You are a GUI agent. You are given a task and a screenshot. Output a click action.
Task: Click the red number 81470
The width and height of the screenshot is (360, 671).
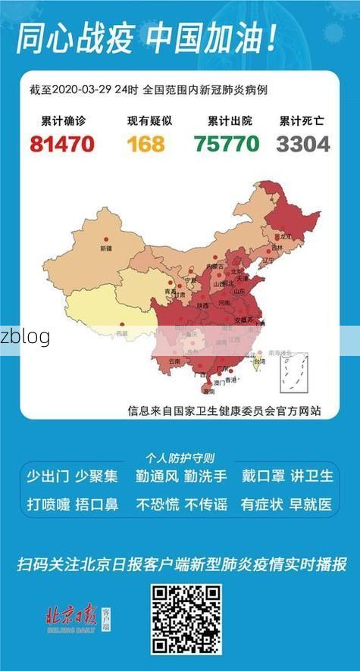(62, 143)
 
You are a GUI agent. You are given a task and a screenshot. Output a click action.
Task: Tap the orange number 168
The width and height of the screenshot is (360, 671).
(146, 143)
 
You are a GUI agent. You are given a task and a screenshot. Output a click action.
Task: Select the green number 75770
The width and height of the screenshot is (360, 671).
(226, 143)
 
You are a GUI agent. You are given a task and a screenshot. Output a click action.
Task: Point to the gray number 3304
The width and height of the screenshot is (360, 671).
(303, 143)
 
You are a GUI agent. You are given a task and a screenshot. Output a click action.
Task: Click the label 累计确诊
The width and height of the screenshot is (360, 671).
(63, 121)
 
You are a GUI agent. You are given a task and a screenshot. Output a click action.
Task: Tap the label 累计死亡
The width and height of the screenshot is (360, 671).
(303, 121)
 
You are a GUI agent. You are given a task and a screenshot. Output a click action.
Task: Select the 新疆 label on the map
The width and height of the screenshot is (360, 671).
(105, 248)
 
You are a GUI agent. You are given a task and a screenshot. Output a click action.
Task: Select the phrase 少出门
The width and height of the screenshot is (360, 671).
(48, 476)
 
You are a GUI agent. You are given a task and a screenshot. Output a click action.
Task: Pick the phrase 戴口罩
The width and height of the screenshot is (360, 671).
(263, 476)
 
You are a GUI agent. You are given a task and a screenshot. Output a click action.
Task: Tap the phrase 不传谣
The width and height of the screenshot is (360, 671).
(205, 503)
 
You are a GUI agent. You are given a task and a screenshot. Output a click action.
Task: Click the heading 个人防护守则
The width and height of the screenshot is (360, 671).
(180, 457)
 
